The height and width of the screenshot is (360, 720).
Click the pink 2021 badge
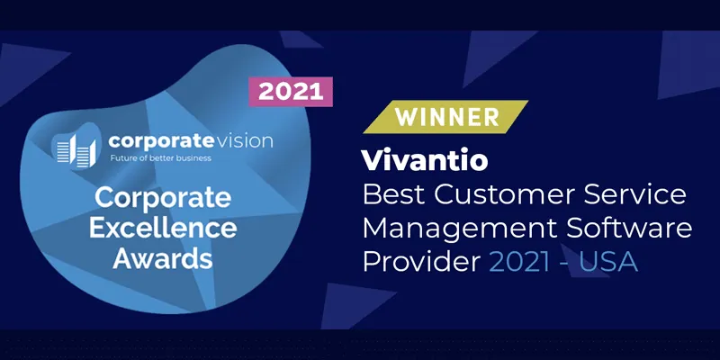(291, 92)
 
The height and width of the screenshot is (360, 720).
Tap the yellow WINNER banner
(445, 117)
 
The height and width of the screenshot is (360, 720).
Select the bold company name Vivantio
(425, 160)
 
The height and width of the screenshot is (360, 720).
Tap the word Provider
(421, 263)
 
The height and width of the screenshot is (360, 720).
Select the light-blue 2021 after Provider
(520, 263)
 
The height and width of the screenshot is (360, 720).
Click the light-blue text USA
(608, 263)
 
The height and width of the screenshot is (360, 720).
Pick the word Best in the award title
(394, 194)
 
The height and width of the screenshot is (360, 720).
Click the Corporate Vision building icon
(76, 150)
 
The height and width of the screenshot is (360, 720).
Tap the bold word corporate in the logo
(155, 141)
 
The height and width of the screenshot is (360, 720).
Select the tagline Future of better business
(160, 158)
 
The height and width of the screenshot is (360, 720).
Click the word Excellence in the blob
(163, 229)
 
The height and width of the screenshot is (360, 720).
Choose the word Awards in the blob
(163, 258)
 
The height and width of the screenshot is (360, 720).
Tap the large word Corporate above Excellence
(163, 198)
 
